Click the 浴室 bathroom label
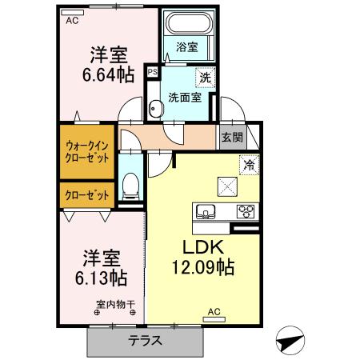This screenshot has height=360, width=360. coord(187,46)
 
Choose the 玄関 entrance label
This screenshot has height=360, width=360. coord(232,136)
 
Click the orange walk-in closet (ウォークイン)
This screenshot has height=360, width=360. coord(87,151)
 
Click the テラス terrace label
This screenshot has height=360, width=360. coord(146,340)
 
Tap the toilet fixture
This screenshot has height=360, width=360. coord(132,186)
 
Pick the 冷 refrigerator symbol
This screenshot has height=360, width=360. coord(249,166)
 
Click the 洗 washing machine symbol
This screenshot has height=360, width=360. coord(206,79)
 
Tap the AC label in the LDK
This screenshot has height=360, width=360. coord(214,312)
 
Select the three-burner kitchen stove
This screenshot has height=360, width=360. coord(245,212)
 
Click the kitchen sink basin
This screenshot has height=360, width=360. coord(205,213)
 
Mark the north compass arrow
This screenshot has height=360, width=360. coord(290,340)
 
